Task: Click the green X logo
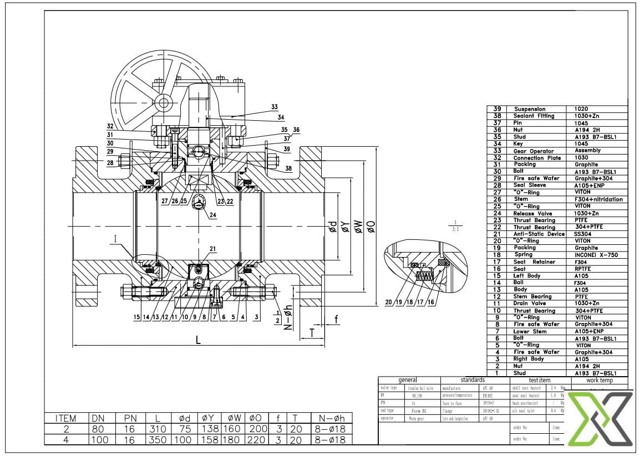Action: [x=601, y=419]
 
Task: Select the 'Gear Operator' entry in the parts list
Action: [x=533, y=151]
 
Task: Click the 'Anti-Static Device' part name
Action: [x=539, y=234]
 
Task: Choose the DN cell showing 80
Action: [x=97, y=429]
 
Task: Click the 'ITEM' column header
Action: [x=66, y=418]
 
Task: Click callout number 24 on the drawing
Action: [x=212, y=215]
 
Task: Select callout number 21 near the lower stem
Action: [x=212, y=249]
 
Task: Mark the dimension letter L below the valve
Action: [x=197, y=340]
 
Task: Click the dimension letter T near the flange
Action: [x=312, y=332]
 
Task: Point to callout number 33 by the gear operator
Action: [x=274, y=107]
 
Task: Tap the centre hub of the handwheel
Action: [x=163, y=102]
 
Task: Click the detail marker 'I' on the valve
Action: [x=115, y=239]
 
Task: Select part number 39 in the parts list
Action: [x=497, y=109]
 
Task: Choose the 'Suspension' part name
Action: [x=529, y=109]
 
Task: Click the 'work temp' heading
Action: [x=599, y=381]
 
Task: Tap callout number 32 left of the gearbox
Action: [x=110, y=126]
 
